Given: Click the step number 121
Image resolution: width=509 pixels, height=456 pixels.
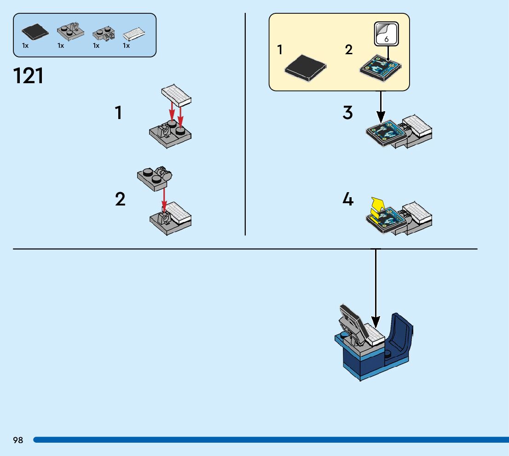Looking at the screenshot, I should coord(29,76).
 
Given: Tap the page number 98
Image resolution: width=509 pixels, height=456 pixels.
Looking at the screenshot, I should coord(18,440).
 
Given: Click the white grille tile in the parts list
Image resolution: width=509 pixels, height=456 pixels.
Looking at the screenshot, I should coord(134,34).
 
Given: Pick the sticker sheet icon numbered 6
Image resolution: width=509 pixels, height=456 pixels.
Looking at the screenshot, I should coord(386,34).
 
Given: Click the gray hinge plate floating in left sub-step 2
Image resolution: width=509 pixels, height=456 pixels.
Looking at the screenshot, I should coord(155,178).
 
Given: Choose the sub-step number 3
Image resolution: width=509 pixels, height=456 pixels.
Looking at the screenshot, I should coord(348,113).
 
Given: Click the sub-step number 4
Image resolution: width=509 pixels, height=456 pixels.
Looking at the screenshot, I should coord(348,199).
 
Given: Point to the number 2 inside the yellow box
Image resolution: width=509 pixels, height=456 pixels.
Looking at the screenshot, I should coord(349,50).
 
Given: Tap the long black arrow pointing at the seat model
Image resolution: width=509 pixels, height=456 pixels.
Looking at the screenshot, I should coord(376,285).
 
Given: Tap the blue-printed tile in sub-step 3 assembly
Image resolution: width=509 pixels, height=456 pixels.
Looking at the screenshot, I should coord(386,131).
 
